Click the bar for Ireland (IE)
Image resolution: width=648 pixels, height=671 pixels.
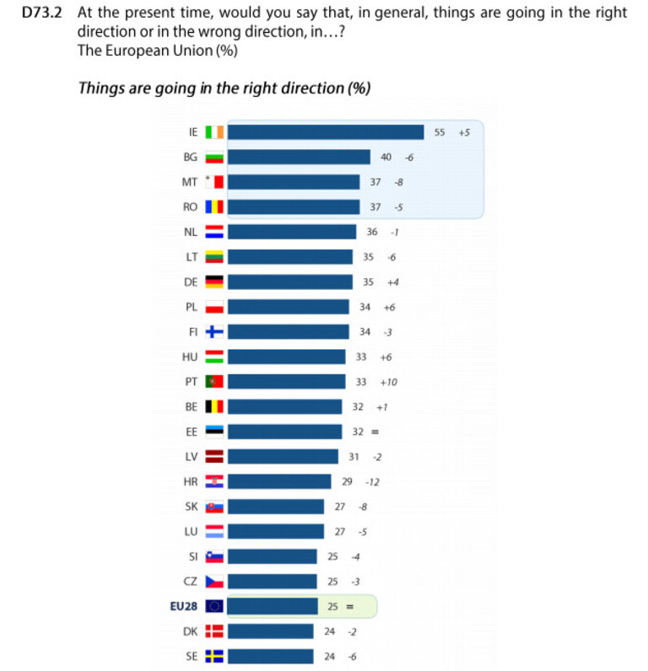326,132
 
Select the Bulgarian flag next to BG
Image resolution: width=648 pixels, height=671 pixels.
213,158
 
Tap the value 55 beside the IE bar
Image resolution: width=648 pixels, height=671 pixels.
440,132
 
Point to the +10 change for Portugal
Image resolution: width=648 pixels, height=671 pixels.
388,382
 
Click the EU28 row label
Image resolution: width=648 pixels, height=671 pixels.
183,606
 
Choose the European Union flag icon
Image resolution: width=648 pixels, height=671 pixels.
213,606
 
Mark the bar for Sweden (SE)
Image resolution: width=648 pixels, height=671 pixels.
270,656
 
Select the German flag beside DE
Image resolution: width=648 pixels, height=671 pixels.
213,282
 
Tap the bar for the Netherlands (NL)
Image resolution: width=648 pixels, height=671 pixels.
292,232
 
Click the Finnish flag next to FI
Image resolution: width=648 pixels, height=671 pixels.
213,332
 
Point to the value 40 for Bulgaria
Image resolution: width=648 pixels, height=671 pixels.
386,158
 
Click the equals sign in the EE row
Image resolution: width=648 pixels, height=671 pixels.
375,432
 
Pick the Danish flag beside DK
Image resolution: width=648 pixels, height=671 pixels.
213,631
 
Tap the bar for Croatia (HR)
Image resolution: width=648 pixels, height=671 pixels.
279,481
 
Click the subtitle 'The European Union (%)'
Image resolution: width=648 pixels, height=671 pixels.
157,51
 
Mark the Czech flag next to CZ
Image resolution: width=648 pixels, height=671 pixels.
213,582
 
